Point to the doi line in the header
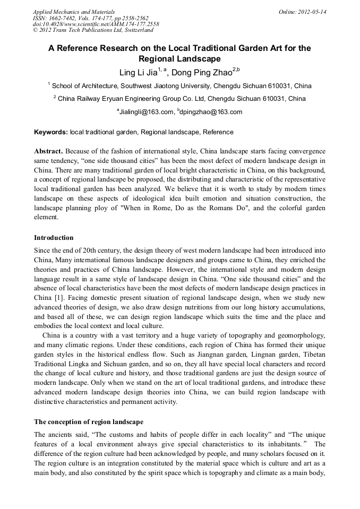tap(96, 24)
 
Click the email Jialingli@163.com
tap(147, 111)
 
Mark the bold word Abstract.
tap(49, 151)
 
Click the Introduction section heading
tap(54, 237)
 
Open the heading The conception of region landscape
tap(88, 422)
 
